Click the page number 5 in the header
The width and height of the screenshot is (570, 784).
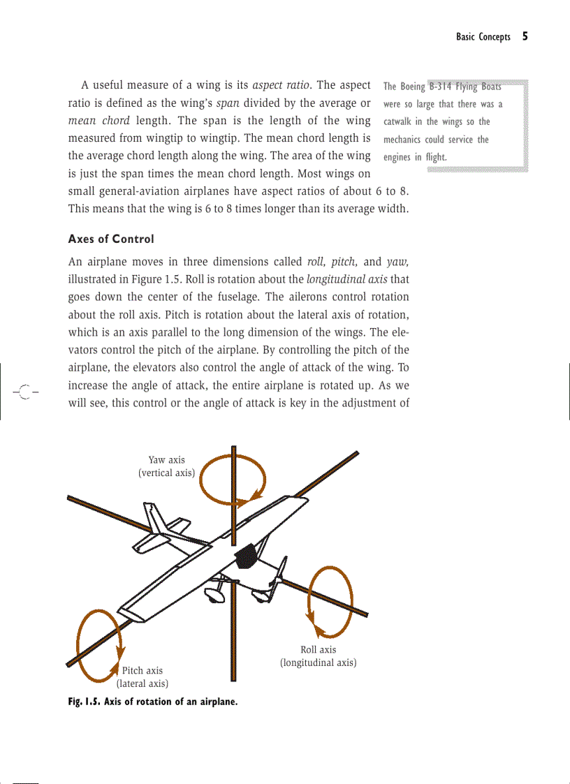click(524, 37)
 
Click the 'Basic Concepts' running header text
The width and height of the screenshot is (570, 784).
click(483, 37)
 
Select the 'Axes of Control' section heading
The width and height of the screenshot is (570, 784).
click(110, 239)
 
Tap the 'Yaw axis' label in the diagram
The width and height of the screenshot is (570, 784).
click(166, 459)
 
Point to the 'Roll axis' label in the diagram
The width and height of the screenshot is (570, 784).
click(318, 649)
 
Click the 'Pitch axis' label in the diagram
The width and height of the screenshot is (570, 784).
click(142, 670)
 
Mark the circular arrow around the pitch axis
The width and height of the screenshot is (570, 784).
click(99, 645)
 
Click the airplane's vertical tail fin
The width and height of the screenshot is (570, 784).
click(157, 520)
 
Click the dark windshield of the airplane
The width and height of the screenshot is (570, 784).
click(244, 556)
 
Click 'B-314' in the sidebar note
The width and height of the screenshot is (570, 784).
click(440, 87)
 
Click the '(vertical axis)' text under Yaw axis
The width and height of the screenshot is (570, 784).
click(166, 473)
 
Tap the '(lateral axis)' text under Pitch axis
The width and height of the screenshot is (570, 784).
click(142, 683)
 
